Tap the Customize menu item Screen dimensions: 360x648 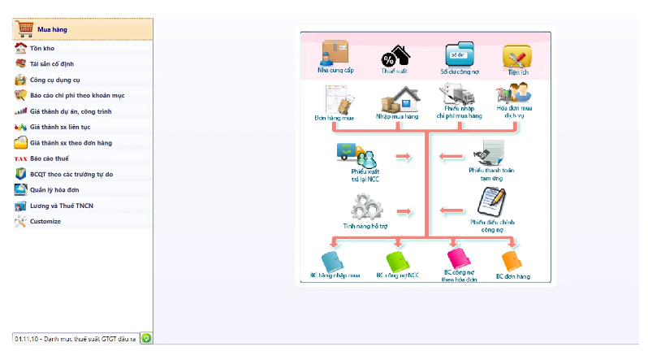(45, 221)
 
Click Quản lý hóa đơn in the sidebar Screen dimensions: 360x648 (58, 190)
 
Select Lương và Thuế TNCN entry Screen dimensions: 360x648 (62, 206)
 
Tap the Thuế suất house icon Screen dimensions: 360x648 (395, 57)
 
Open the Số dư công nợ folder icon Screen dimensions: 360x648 (459, 55)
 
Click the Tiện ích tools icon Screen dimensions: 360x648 (516, 56)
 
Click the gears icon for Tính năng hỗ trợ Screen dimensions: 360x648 (361, 208)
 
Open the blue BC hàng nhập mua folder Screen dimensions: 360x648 (334, 261)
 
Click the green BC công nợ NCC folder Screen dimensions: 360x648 (398, 261)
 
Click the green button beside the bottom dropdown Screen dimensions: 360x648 (146, 337)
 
